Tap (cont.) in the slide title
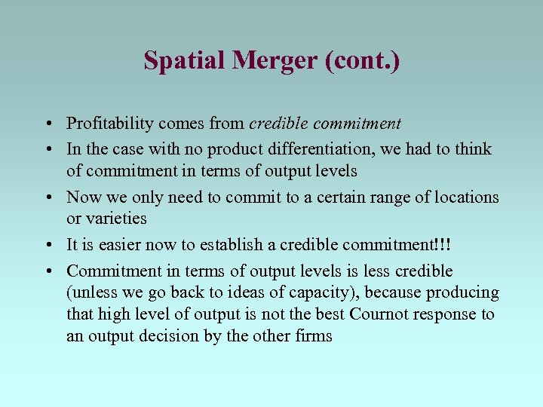(x=362, y=60)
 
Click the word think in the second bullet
(x=473, y=149)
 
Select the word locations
(x=462, y=197)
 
